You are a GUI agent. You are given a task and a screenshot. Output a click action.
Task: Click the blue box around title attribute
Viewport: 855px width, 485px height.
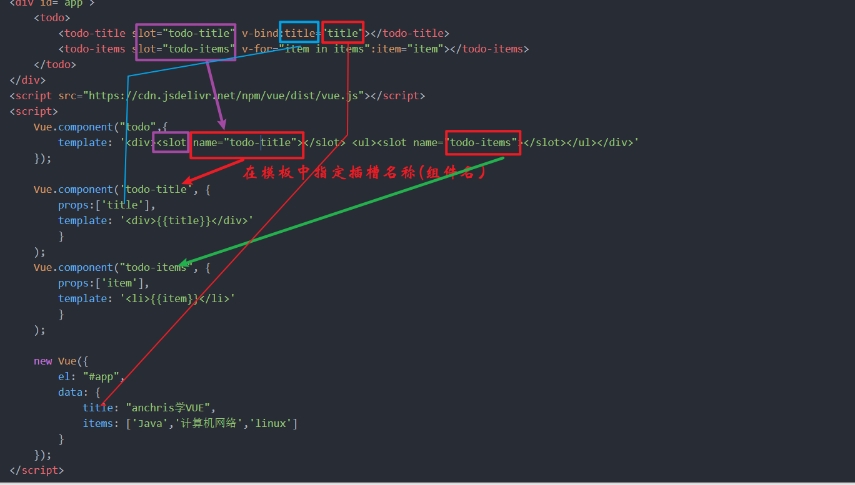[299, 32]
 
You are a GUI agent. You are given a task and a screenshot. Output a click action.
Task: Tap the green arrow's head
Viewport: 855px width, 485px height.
[183, 264]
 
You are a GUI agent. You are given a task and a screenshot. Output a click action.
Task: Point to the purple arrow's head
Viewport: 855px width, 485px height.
[221, 125]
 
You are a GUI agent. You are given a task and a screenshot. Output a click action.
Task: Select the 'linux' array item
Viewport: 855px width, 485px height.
[272, 424]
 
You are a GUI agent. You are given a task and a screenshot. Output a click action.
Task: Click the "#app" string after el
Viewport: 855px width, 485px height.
[104, 377]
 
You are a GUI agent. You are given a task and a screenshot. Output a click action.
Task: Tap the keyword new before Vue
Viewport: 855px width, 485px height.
[43, 361]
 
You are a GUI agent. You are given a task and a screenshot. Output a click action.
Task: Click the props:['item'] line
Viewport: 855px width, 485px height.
[104, 283]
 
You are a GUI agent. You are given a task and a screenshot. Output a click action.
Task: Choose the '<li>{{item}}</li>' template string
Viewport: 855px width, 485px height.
[177, 299]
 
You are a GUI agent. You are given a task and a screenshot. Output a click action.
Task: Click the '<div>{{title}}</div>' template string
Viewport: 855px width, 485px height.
[187, 221]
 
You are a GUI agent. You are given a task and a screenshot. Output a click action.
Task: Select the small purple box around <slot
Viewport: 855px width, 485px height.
[171, 142]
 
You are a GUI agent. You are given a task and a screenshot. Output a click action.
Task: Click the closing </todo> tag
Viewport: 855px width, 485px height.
[55, 64]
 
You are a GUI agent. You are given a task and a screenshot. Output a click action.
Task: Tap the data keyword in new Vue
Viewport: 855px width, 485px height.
[70, 393]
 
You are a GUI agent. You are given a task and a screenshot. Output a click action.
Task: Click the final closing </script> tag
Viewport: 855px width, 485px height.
[37, 471]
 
